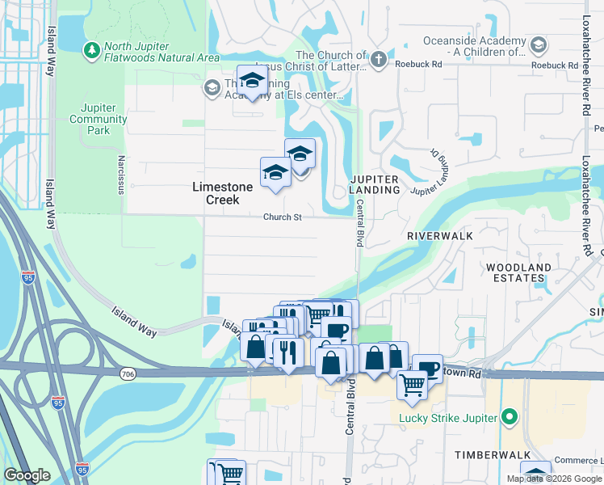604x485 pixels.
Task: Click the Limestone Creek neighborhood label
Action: tap(222, 192)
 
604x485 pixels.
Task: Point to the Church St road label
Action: tap(282, 217)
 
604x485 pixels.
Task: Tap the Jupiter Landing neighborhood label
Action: tap(375, 183)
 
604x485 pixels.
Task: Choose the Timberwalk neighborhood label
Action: tap(492, 455)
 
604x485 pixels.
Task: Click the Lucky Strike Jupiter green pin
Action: tap(509, 418)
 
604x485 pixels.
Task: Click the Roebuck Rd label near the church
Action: tap(419, 63)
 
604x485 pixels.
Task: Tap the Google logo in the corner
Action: tap(27, 475)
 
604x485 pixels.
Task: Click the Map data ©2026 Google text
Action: tap(553, 479)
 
